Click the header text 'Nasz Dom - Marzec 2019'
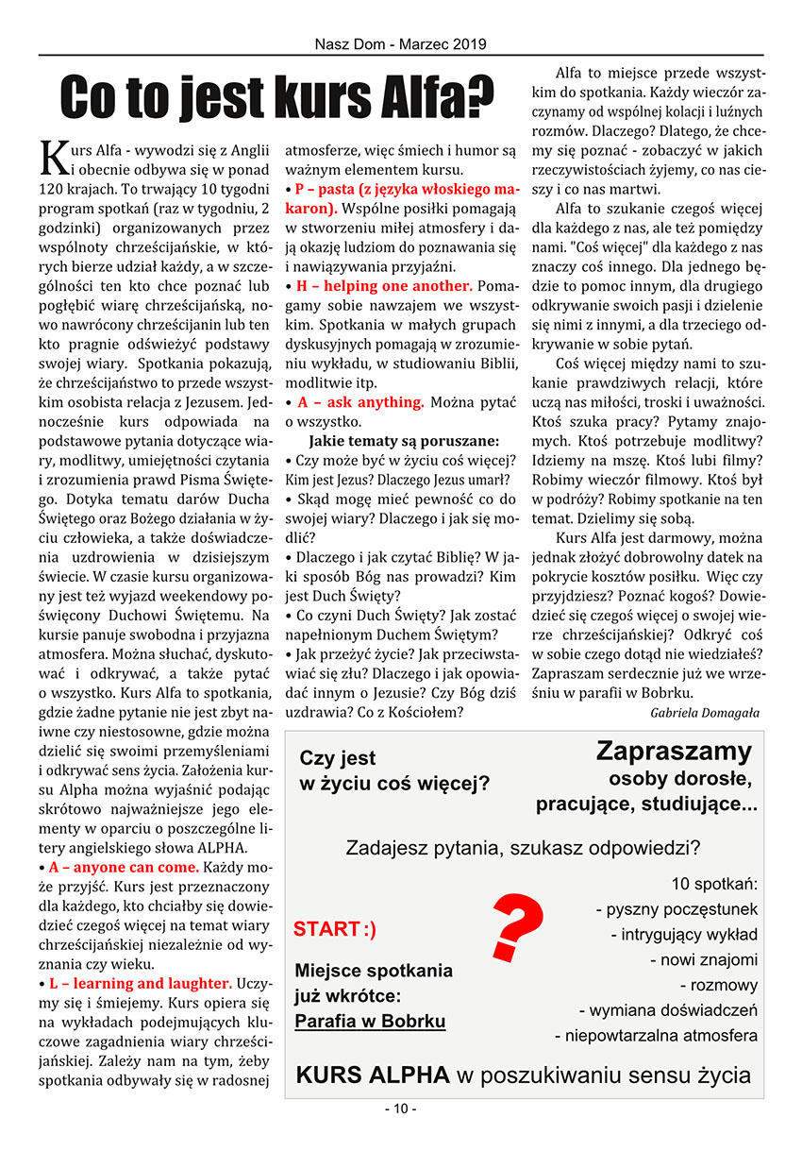[401, 44]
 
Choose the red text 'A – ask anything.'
[360, 401]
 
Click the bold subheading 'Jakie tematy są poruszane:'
[404, 440]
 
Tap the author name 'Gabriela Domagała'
[705, 712]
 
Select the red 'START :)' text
[335, 929]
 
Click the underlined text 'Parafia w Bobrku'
[370, 1021]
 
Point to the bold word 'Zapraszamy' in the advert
[674, 752]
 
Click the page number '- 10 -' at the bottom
[400, 1109]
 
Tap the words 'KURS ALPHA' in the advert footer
[373, 1075]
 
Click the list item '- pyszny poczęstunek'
[677, 909]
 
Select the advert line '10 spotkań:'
[714, 884]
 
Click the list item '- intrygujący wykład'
[684, 935]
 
